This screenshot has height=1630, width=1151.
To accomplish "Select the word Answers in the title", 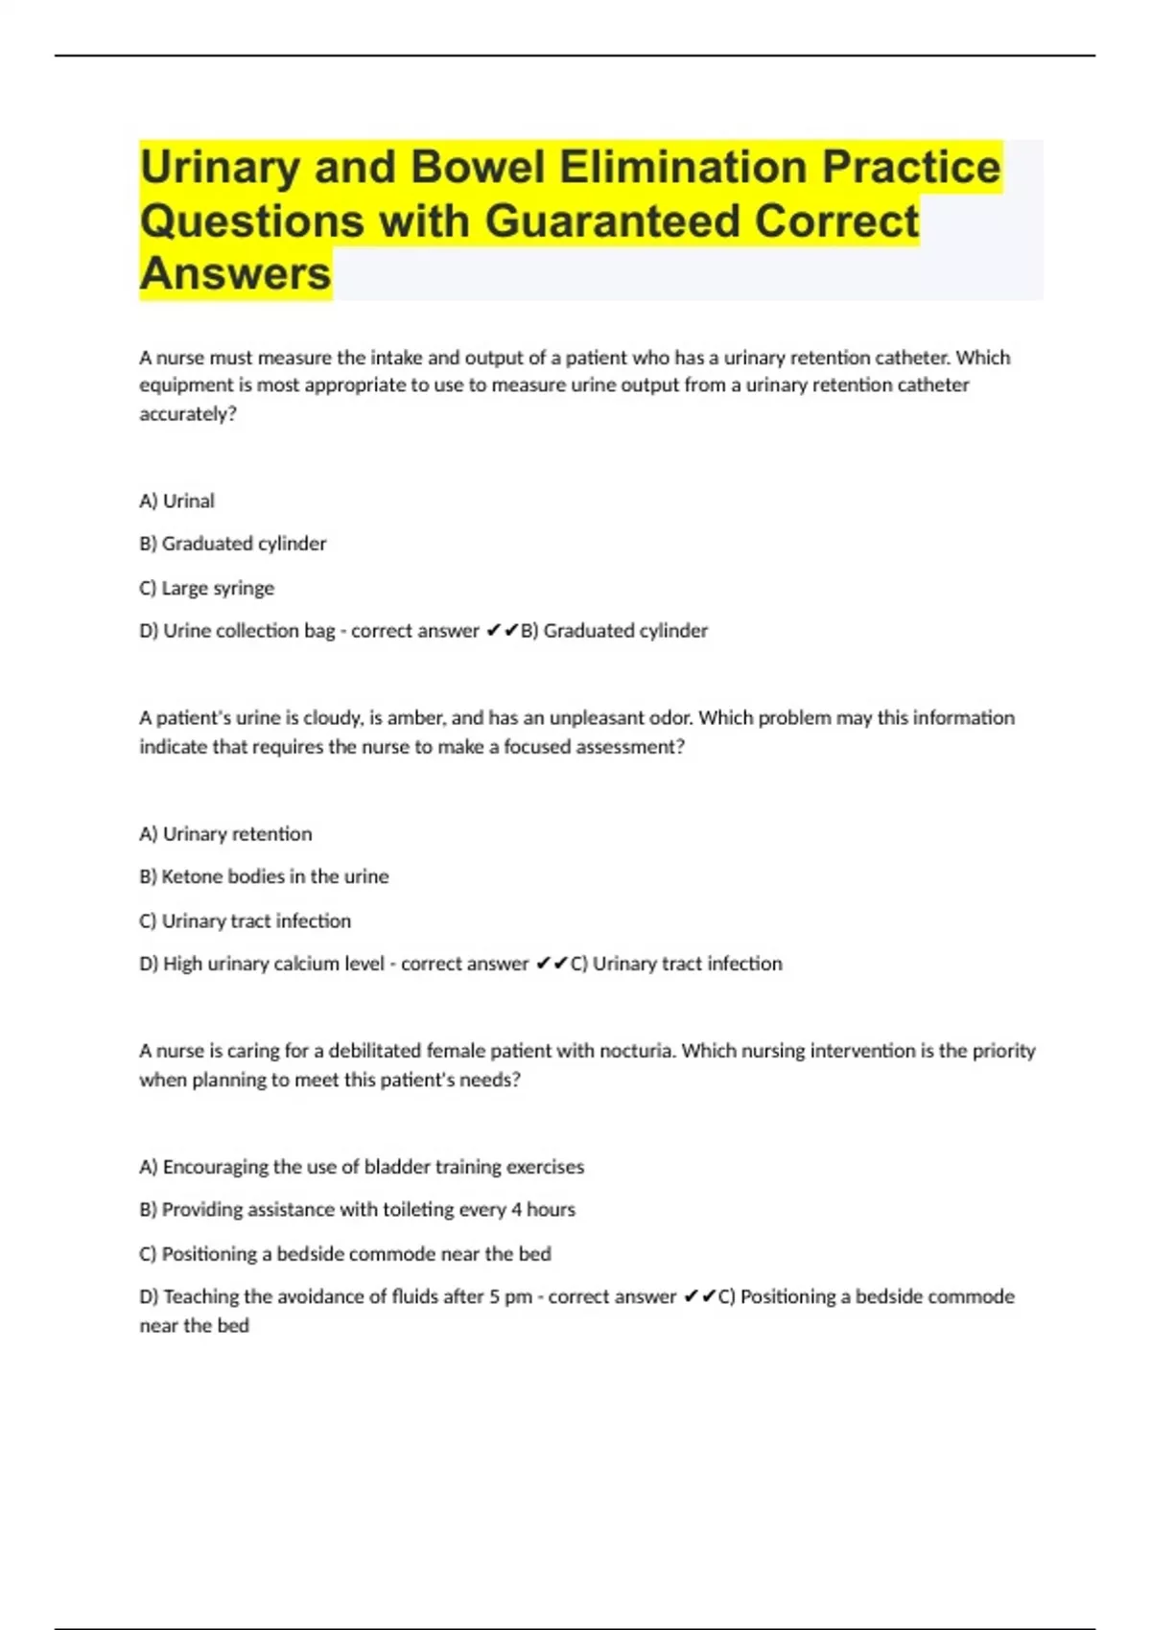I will point(235,273).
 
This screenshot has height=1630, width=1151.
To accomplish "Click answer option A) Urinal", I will point(177,501).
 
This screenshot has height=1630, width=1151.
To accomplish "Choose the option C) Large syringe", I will point(207,588).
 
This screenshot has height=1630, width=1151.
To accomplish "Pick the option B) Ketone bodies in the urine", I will point(264,876).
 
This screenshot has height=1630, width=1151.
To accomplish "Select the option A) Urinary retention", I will point(225,834).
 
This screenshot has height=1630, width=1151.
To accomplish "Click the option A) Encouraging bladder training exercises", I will point(362,1167).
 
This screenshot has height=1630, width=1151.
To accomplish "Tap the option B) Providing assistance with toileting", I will point(357,1210).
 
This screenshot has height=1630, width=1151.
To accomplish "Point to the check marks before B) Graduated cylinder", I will point(503,631).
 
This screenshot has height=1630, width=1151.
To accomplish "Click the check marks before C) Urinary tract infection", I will point(552,964).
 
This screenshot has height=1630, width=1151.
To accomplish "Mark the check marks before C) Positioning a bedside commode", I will point(700,1296).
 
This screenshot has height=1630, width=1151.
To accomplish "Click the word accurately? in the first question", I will point(188,414).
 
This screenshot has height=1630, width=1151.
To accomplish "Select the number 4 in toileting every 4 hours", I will point(516,1210).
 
